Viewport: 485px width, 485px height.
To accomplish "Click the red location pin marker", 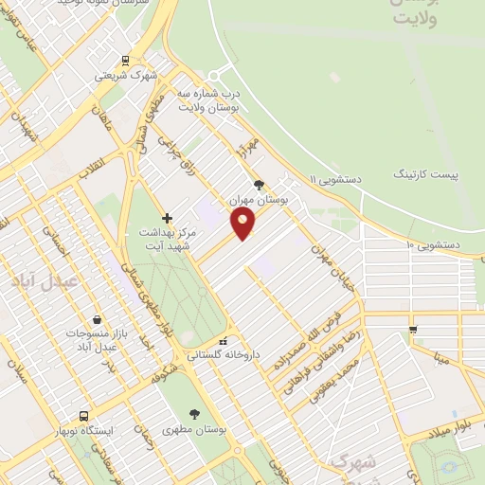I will pos(243,225).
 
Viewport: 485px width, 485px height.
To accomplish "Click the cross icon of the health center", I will pos(167,218).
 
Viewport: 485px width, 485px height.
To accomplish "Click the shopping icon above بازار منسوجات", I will pos(98,319).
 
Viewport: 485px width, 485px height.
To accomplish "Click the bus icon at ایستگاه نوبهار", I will pos(84,416).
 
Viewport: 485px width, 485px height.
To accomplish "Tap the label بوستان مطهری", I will pos(195,429).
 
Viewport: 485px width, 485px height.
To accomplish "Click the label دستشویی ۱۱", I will pos(337,178).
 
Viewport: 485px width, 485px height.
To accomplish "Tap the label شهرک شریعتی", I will pos(131,76).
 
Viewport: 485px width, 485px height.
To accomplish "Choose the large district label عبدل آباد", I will pos(34,281).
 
